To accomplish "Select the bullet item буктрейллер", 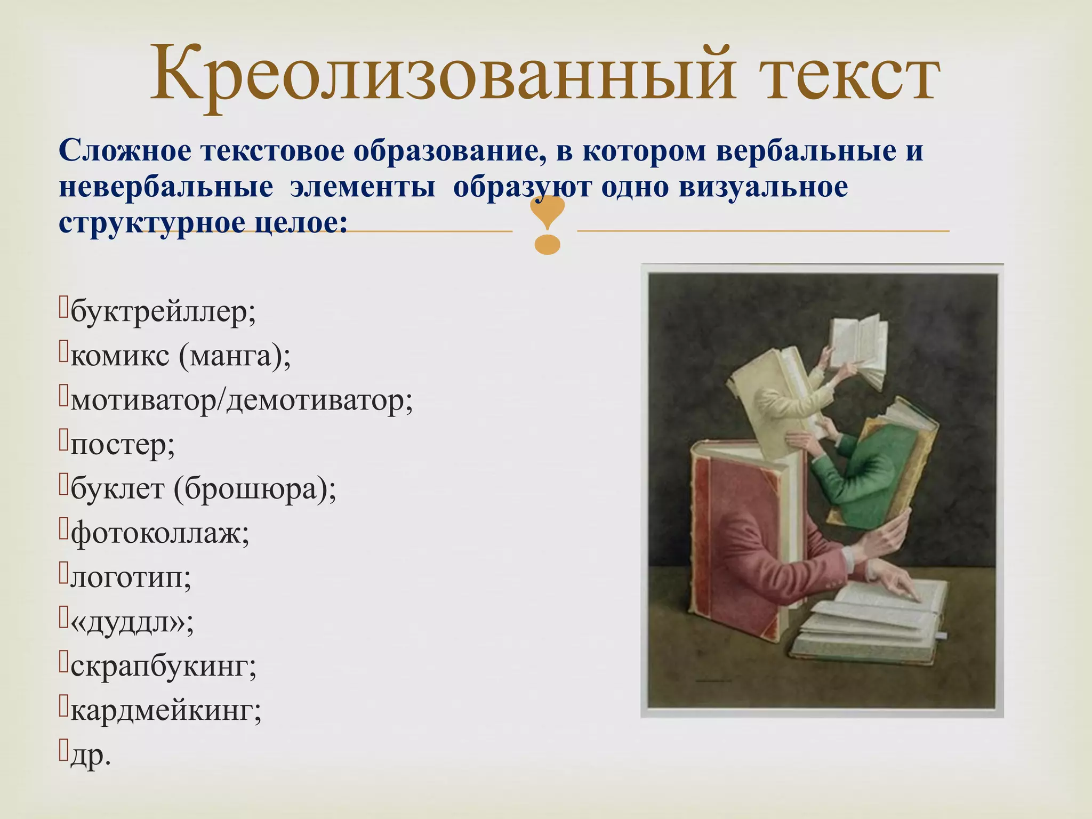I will pos(163,312).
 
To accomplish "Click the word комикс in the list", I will pos(119,356).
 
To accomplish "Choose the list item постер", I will pos(122,445).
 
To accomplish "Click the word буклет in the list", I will pos(117,489).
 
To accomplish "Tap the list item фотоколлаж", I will pos(159,533).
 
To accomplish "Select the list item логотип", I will pos(130,577).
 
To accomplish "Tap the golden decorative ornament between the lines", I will pos(548,224).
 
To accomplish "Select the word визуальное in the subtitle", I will pos(763,187).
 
